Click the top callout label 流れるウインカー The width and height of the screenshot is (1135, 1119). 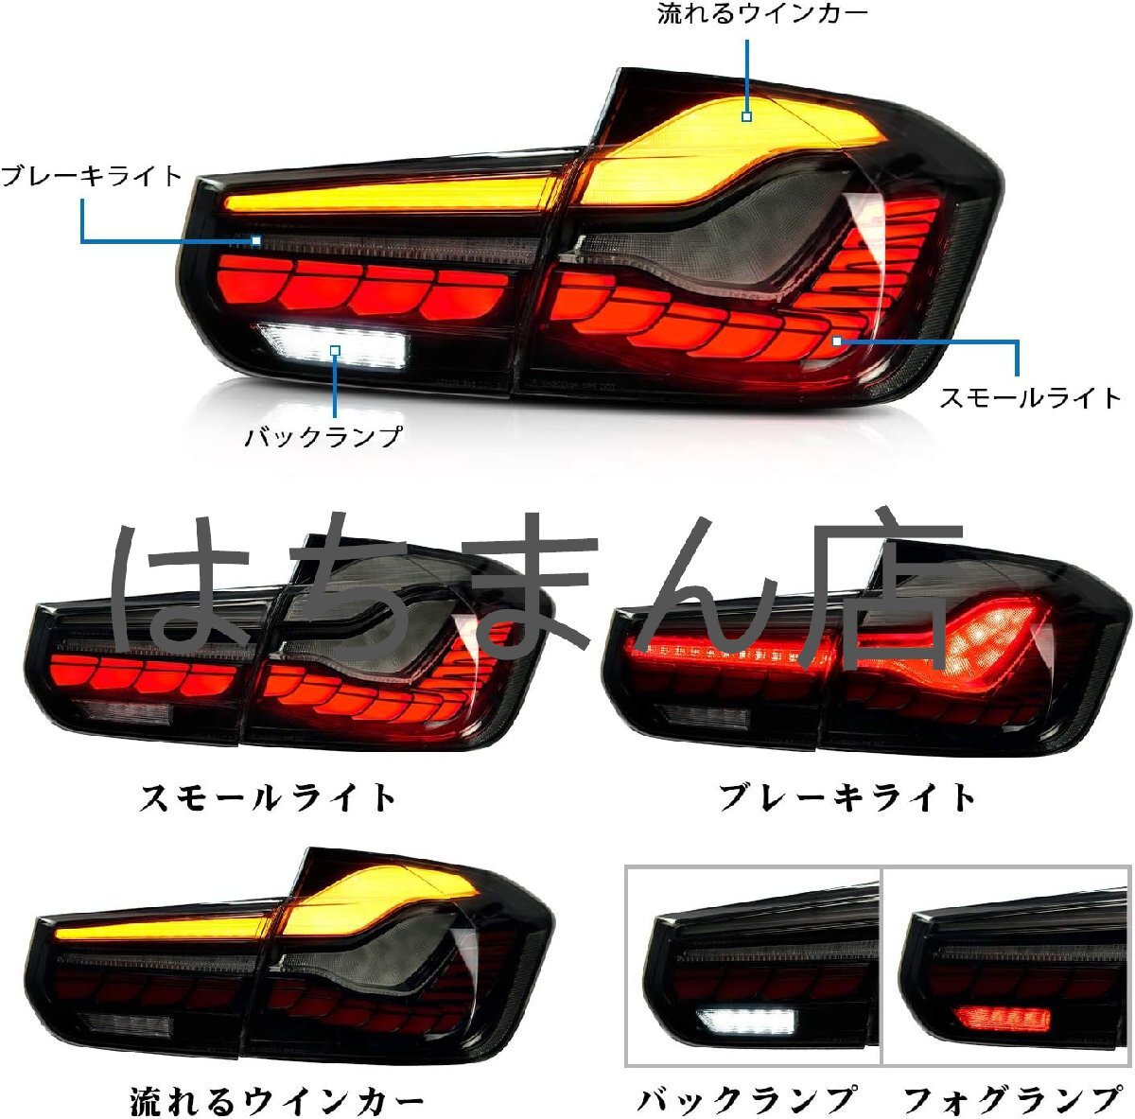(761, 14)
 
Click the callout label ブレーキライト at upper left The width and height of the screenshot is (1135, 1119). (92, 176)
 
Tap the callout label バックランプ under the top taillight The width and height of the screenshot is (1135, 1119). (323, 437)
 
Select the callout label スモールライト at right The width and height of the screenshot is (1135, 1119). (1030, 397)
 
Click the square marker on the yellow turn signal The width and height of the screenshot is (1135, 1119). (746, 116)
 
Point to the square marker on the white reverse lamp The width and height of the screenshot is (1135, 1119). (335, 351)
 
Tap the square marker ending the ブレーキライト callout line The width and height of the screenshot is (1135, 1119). (256, 240)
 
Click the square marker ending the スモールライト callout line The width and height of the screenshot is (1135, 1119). (837, 341)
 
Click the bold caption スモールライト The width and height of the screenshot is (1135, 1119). (269, 797)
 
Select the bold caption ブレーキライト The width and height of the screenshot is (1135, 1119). (847, 797)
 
